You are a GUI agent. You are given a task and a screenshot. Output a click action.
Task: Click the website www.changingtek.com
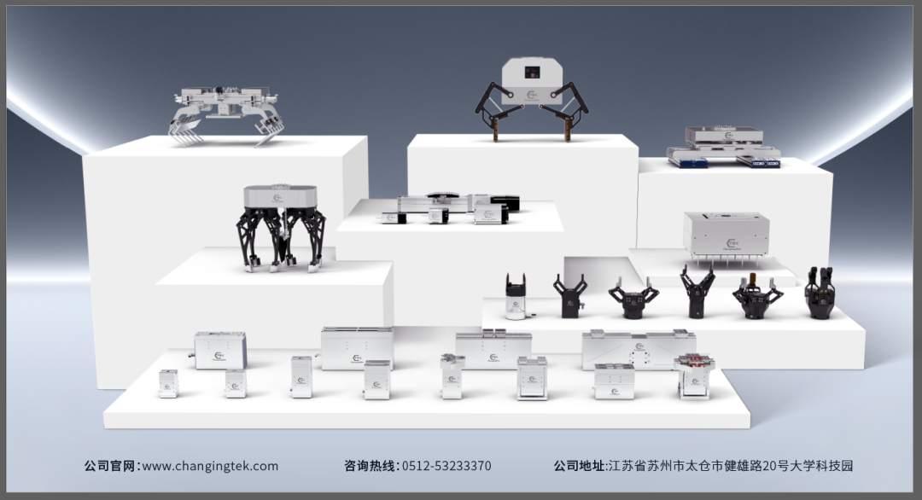[210, 466]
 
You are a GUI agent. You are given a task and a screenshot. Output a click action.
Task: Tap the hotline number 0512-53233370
[446, 466]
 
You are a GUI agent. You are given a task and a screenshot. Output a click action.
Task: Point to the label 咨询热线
[369, 466]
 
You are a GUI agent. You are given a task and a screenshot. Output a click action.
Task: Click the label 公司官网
[110, 466]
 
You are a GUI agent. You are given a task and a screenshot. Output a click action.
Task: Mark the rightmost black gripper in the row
[820, 294]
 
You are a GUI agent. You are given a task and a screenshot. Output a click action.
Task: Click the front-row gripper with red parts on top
[695, 374]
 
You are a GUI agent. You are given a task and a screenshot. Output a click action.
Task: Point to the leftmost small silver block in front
[168, 383]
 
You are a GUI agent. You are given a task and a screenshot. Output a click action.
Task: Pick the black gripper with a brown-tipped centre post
[756, 297]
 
